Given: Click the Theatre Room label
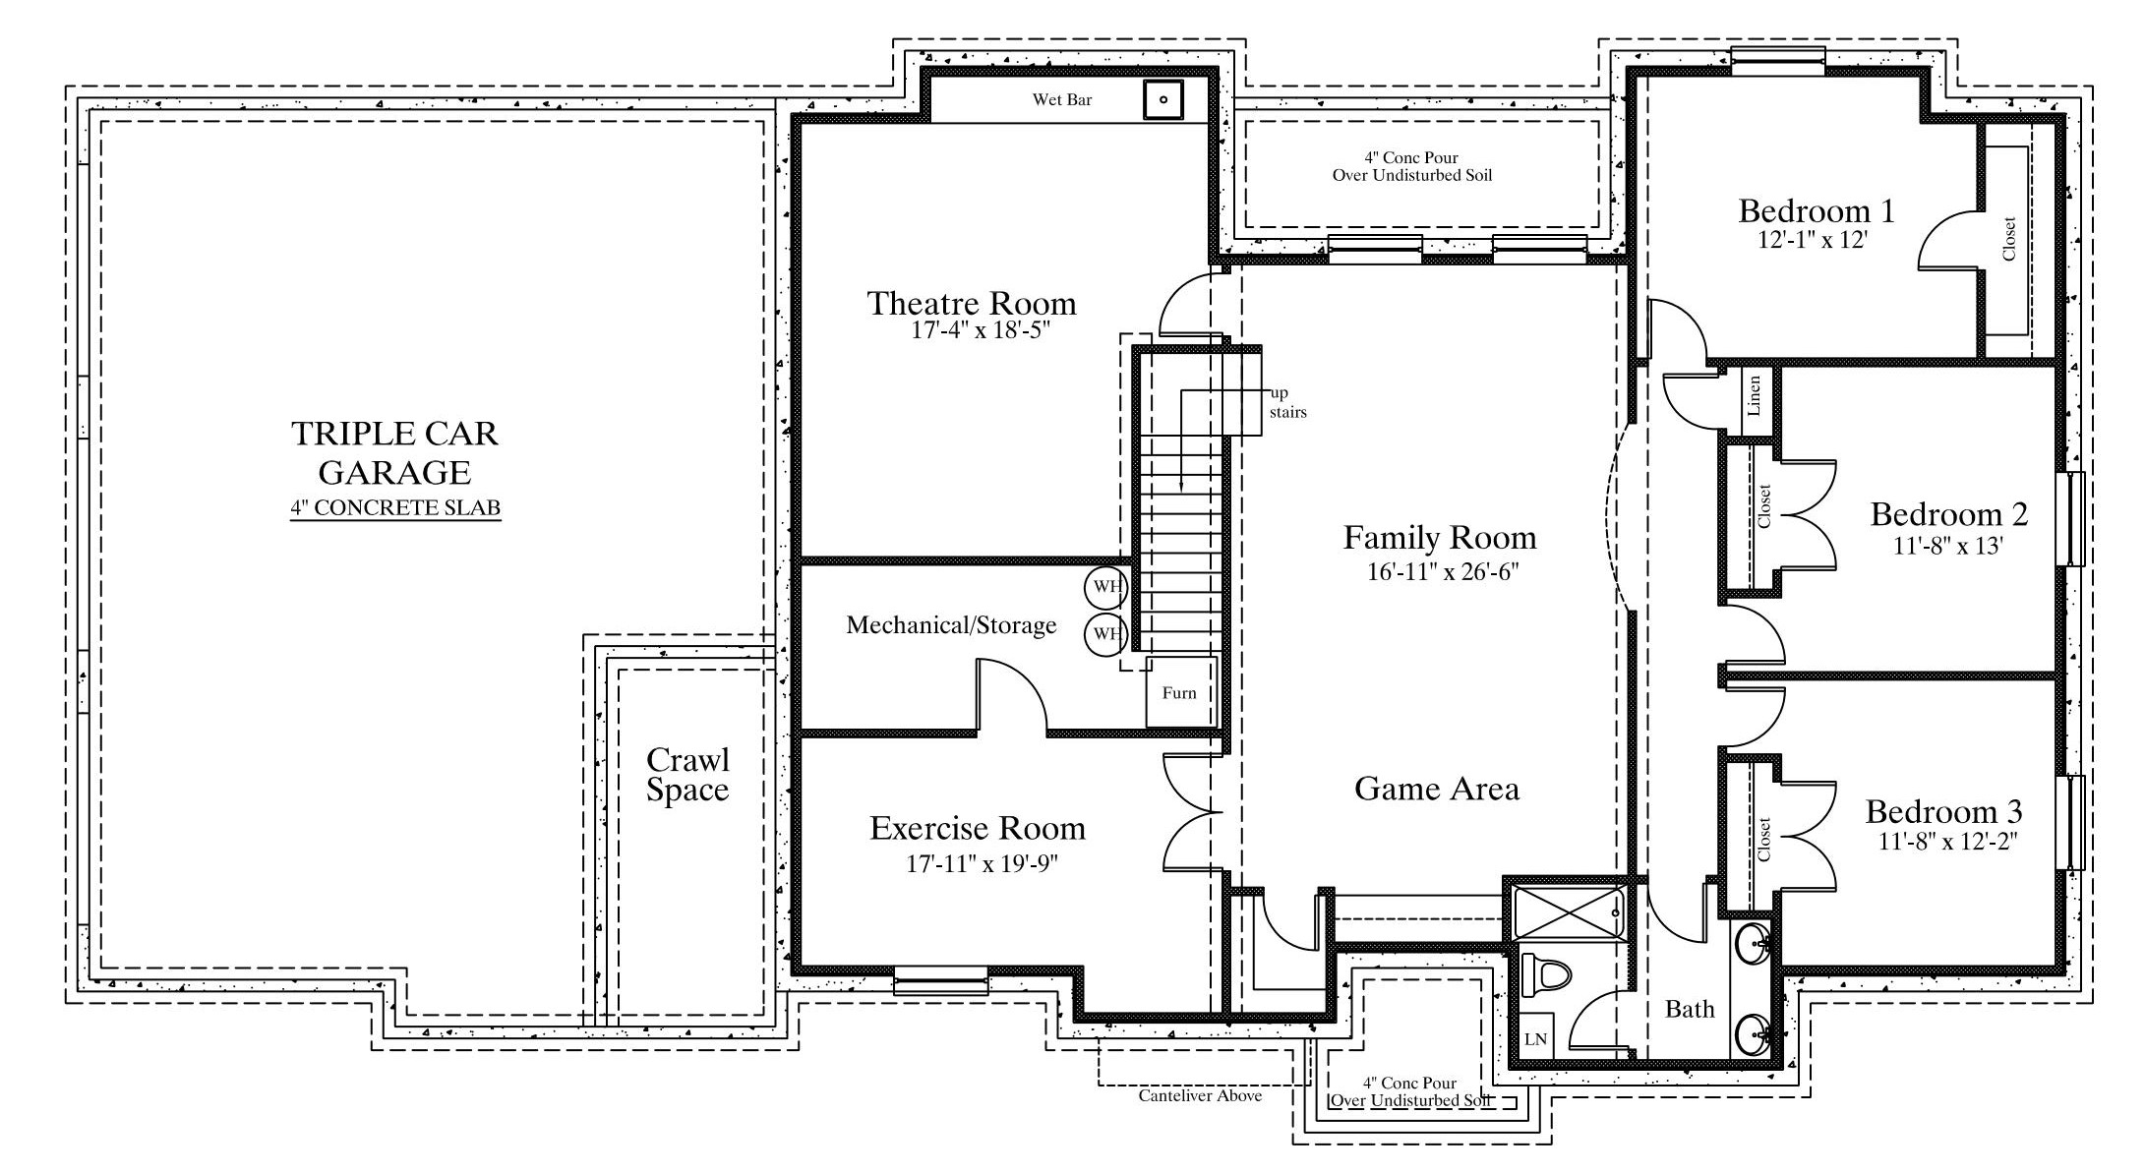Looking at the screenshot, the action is click(x=971, y=303).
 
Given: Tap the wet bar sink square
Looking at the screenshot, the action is click(x=1162, y=99).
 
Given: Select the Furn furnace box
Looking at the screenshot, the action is click(x=1181, y=692).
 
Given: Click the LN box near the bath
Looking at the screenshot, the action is click(x=1535, y=1038).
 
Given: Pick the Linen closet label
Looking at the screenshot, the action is click(x=1755, y=396).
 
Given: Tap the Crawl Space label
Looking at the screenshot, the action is click(x=687, y=775).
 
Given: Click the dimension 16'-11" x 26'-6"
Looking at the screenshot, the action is click(x=1443, y=571).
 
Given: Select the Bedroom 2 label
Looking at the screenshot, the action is click(x=1948, y=514).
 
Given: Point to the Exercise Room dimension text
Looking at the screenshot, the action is click(x=982, y=864).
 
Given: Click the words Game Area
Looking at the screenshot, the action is click(x=1436, y=789).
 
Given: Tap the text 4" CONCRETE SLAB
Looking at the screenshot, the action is click(x=395, y=508).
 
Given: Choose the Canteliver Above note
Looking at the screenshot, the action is click(x=1200, y=1095).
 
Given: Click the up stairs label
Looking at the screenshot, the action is click(x=1287, y=403).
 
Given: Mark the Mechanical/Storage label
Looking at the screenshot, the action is click(x=951, y=625).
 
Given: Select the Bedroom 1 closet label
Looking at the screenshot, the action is click(x=2008, y=239).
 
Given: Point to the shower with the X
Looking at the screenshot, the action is click(x=1568, y=912).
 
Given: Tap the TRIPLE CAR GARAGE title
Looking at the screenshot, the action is click(x=395, y=453).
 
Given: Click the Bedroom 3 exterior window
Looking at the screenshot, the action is click(x=2070, y=822).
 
